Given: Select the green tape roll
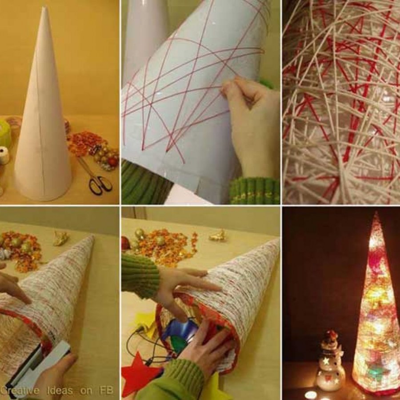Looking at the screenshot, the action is pos(5,132).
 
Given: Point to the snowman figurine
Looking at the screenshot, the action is pos(331,362).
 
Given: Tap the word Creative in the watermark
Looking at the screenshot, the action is pos(20,391).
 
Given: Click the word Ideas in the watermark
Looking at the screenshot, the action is pos(60,391).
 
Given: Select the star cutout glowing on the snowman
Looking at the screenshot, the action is pos(326,361).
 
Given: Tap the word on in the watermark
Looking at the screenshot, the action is pos(86,391).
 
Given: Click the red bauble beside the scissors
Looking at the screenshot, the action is pos(113,161).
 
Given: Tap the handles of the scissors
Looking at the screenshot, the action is pos(100,185).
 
